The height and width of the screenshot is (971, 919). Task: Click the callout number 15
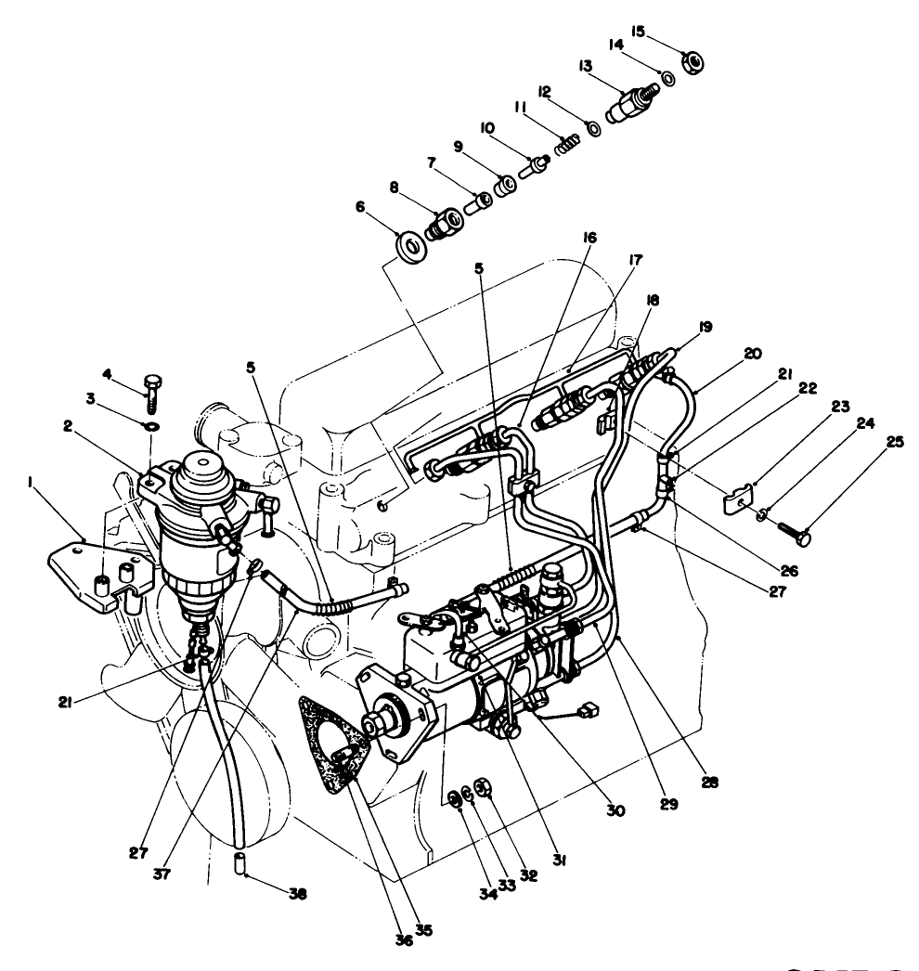pyautogui.click(x=639, y=30)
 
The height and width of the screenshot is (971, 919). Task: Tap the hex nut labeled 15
pyautogui.click(x=692, y=64)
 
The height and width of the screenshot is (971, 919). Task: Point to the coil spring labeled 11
pyautogui.click(x=567, y=145)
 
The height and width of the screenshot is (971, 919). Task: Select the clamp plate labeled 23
pyautogui.click(x=737, y=501)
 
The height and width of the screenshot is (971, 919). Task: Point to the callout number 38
pyautogui.click(x=296, y=895)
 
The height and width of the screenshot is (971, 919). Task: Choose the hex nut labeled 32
pyautogui.click(x=481, y=790)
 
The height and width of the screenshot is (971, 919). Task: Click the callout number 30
pyautogui.click(x=615, y=810)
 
